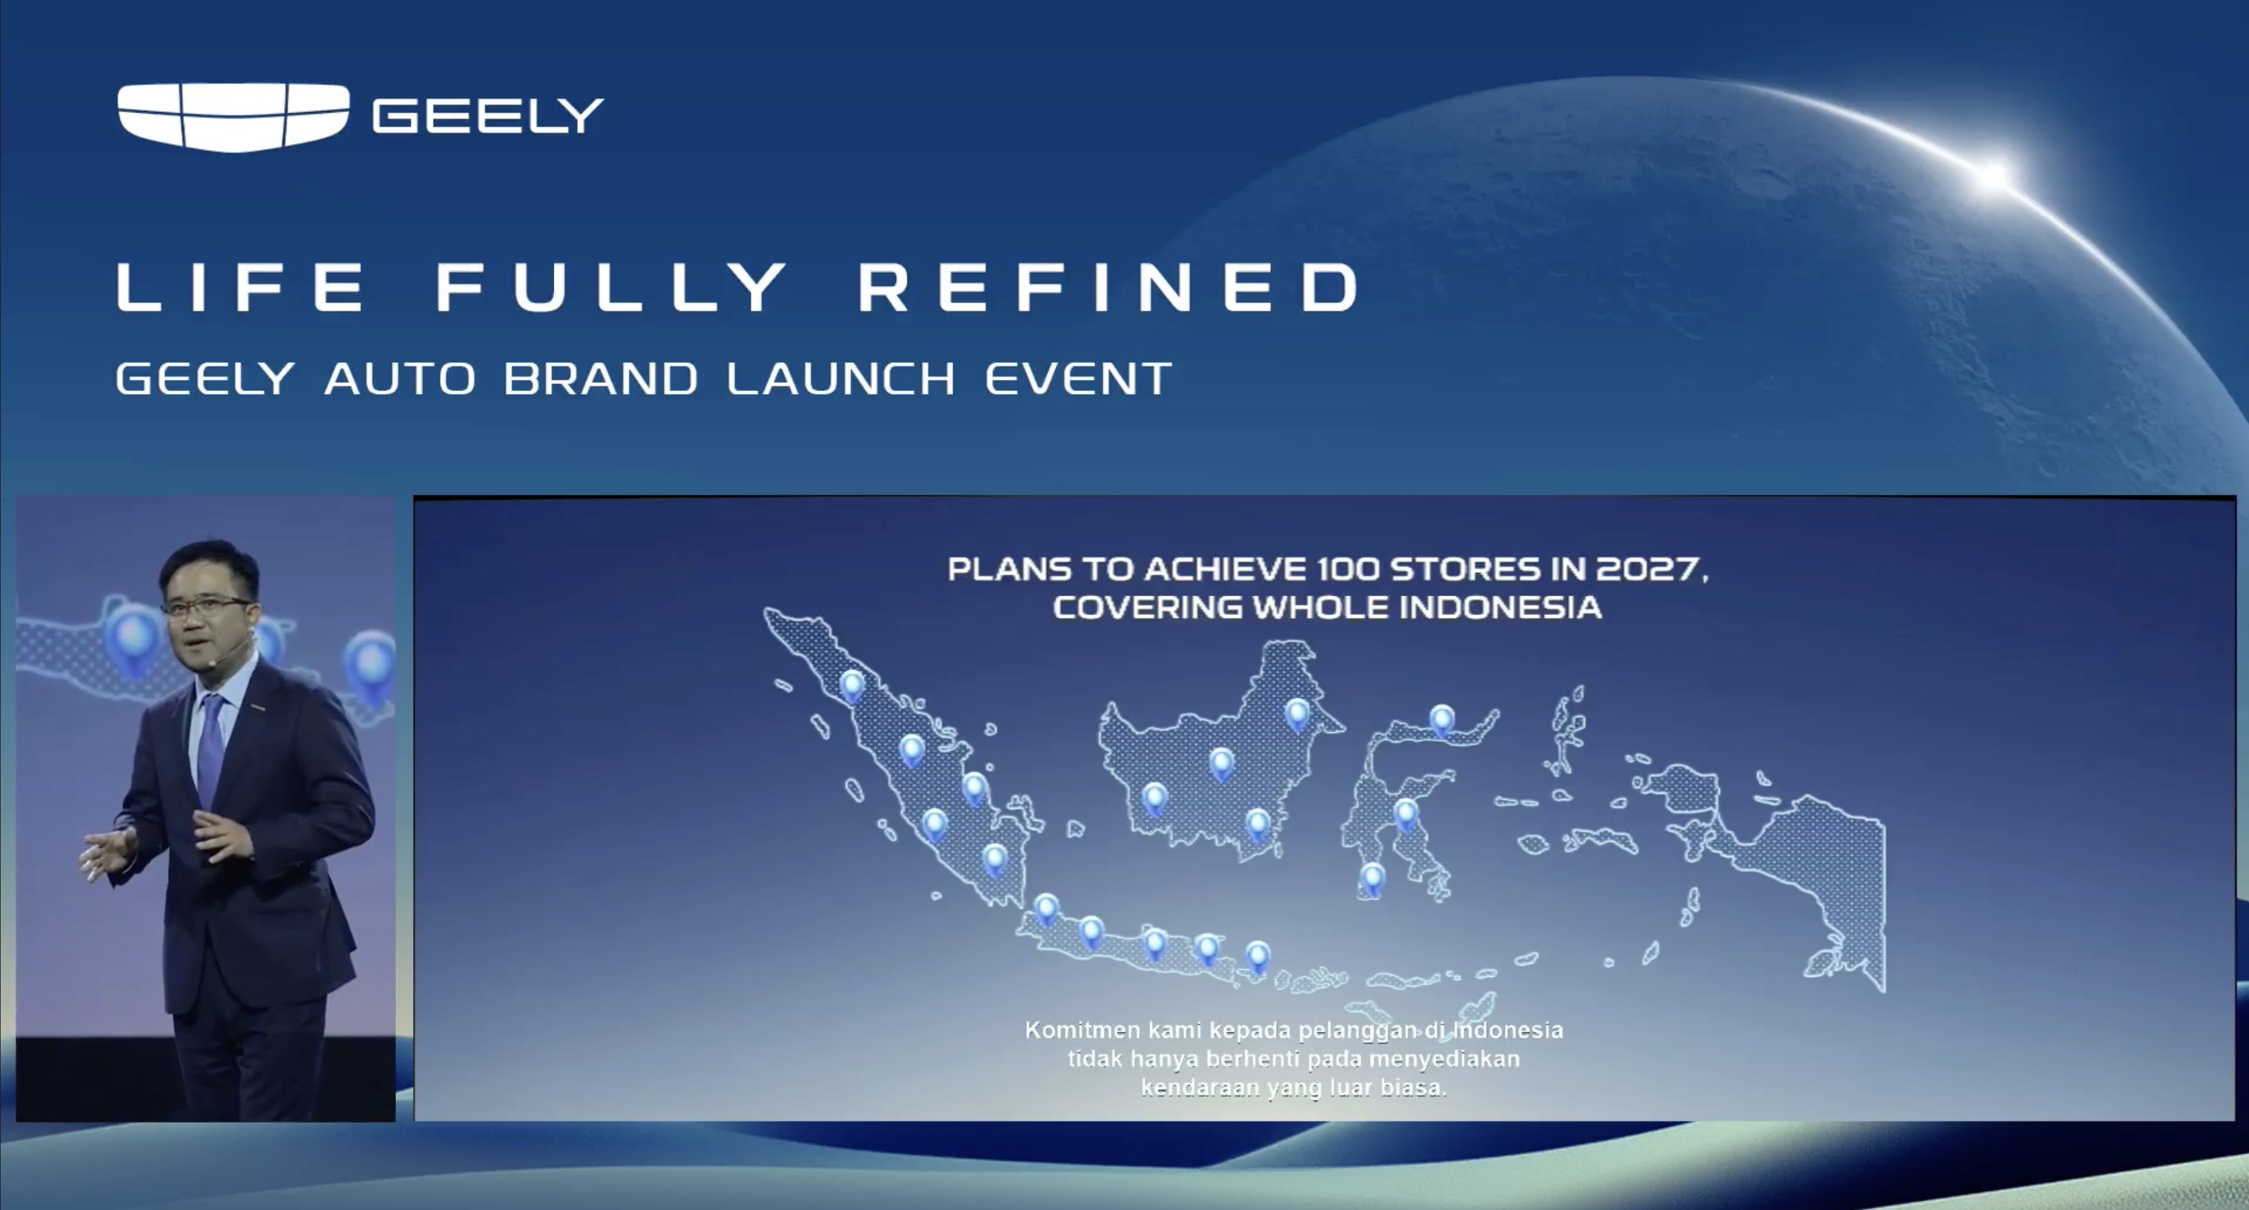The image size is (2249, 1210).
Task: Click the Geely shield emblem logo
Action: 234,117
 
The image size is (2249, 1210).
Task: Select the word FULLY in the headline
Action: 611,287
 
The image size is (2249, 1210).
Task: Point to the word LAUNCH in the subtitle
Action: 841,379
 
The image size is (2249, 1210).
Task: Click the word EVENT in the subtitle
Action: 1078,379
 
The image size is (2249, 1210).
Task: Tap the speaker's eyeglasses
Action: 205,607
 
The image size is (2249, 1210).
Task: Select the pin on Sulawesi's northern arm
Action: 1441,720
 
